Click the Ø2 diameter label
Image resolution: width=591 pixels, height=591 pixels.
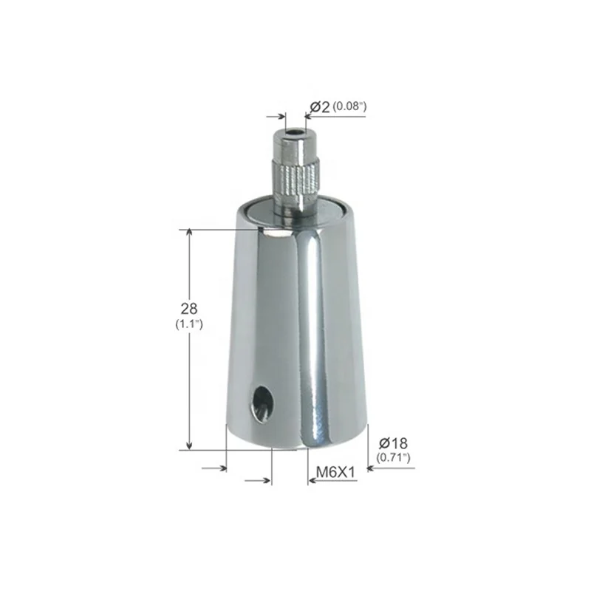coord(319,108)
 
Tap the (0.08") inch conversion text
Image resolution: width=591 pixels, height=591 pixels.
coord(349,107)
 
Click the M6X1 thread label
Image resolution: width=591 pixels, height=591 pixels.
coord(333,471)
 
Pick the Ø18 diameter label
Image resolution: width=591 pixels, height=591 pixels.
coord(393,443)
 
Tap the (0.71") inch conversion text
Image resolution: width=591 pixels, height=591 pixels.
coord(393,458)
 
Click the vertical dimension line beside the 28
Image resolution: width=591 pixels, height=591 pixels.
coord(190,369)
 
